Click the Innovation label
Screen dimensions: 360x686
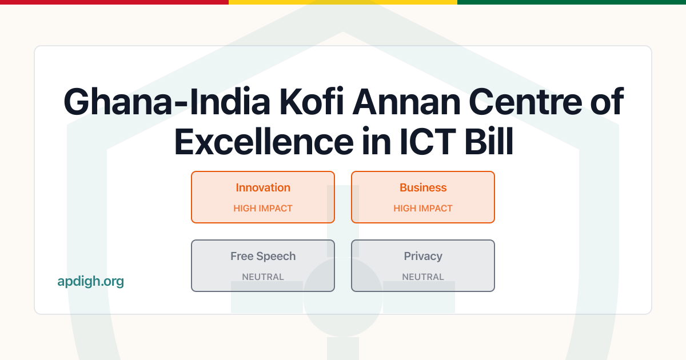click(x=263, y=187)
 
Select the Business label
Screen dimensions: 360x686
click(x=423, y=187)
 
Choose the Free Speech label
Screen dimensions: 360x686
click(x=263, y=256)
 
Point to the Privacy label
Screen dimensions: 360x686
click(x=423, y=256)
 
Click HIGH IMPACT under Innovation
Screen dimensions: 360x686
click(x=263, y=209)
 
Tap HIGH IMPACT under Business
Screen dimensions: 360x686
click(x=423, y=209)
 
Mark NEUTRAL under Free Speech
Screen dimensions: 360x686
click(x=263, y=277)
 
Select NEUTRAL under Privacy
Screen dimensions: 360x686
click(x=423, y=277)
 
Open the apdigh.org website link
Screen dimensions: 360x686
click(x=90, y=281)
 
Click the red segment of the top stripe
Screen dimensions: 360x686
click(x=114, y=2)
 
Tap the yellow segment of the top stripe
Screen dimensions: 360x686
click(x=343, y=2)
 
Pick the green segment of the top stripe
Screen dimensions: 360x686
click(x=572, y=2)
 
